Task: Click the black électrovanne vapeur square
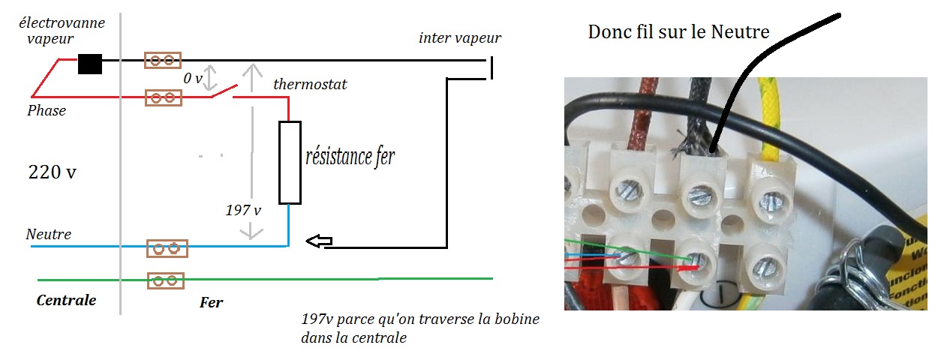[90, 64]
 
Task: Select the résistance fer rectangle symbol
[290, 162]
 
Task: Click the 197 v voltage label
[242, 210]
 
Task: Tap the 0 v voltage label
[194, 78]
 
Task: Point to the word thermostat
[310, 84]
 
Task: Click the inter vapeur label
[459, 37]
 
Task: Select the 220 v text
[52, 172]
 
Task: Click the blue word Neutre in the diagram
[49, 235]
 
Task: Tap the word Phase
[47, 111]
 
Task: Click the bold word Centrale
[66, 300]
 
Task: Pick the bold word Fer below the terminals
[212, 302]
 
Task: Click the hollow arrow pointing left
[320, 241]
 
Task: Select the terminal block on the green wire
[167, 280]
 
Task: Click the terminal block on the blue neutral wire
[167, 248]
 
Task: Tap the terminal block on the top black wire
[163, 60]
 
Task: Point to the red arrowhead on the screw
[693, 265]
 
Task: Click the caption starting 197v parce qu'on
[419, 328]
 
